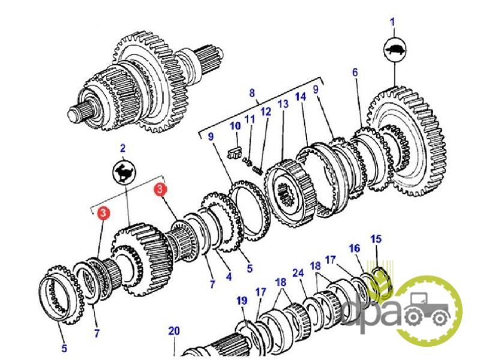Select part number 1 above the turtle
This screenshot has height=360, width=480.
click(393, 23)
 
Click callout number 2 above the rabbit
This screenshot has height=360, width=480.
click(122, 148)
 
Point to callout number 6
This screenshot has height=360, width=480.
click(355, 73)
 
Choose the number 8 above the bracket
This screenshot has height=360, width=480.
click(252, 93)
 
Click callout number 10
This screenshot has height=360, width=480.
click(235, 126)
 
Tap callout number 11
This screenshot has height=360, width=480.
click(250, 119)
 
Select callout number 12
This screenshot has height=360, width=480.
click(266, 112)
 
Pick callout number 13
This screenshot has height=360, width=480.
click(283, 104)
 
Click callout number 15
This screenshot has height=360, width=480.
click(376, 239)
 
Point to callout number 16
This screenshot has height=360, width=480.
click(354, 248)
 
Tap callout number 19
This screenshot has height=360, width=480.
click(241, 299)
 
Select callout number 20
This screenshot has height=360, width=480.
click(173, 330)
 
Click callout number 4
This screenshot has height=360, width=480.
click(229, 277)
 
